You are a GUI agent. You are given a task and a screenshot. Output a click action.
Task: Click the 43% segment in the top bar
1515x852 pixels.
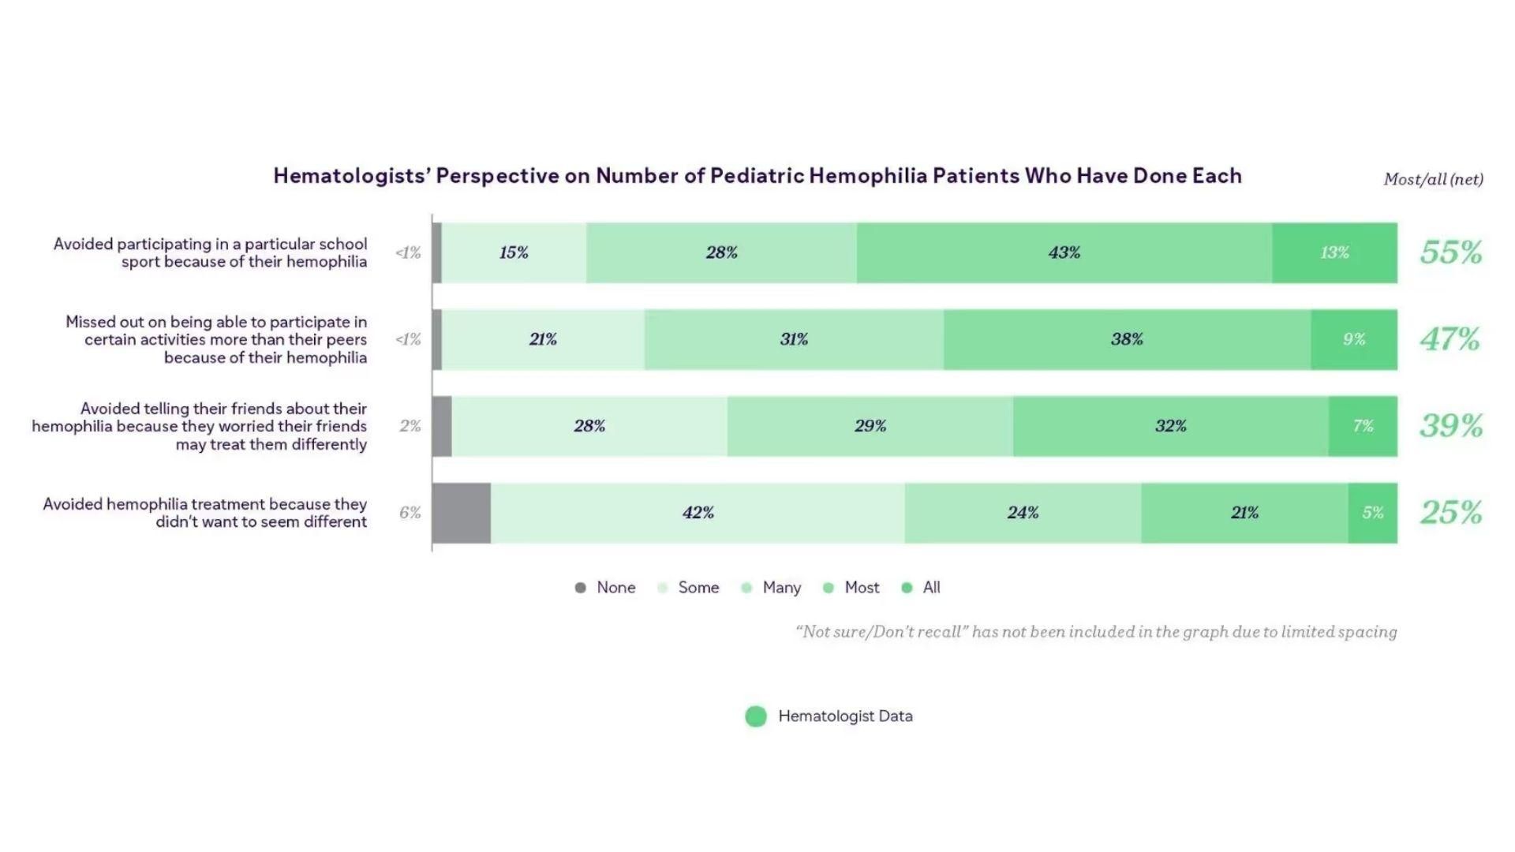[1064, 252]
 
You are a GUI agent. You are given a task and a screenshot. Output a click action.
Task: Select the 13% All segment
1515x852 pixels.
[1334, 252]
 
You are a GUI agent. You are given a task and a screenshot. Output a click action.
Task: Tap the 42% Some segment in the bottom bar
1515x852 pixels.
[698, 513]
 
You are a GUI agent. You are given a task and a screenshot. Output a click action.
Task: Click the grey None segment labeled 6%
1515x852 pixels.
[462, 513]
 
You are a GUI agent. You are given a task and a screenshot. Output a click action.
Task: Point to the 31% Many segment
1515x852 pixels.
[794, 339]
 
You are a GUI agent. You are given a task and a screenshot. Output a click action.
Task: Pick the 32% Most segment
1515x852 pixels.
[1170, 426]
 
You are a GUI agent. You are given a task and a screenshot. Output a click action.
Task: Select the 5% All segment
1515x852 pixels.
[1372, 513]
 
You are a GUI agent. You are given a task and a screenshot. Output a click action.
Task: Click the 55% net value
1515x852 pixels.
[1450, 252]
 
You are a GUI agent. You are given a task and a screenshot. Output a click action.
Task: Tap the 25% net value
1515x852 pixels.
[1450, 513]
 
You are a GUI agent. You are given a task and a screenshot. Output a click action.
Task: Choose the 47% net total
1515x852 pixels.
[1450, 339]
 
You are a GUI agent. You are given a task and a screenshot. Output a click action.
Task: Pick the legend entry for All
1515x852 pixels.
[922, 588]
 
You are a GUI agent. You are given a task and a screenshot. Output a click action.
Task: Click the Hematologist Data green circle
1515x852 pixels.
[756, 716]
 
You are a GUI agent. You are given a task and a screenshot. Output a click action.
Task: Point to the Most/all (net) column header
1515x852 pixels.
[1433, 179]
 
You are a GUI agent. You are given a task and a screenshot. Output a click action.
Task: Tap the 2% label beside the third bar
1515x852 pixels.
[410, 426]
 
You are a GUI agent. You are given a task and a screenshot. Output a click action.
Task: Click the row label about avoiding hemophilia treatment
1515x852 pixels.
[205, 513]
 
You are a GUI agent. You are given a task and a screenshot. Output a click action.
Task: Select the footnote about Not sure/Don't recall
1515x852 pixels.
[1096, 632]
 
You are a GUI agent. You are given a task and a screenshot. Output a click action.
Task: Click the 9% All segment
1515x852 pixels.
[1354, 339]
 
